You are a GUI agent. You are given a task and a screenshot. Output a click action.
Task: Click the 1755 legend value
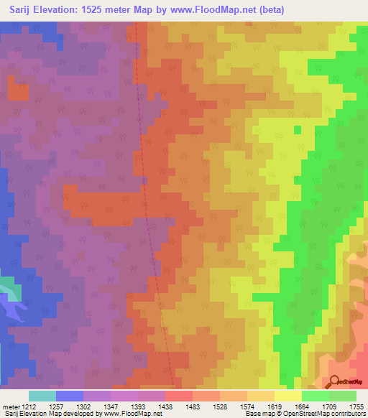tap(356, 407)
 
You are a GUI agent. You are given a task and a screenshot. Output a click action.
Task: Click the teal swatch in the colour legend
tap(42, 396)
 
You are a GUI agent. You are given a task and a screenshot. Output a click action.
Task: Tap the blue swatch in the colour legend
tap(69, 396)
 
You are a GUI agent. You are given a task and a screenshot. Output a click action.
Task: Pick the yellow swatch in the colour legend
tap(287, 396)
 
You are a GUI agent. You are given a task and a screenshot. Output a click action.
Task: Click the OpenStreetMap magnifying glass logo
tap(334, 381)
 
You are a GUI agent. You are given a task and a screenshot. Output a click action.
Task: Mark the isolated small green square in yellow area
tap(297, 130)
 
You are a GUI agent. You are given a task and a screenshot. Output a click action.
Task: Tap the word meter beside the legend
tap(9, 407)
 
